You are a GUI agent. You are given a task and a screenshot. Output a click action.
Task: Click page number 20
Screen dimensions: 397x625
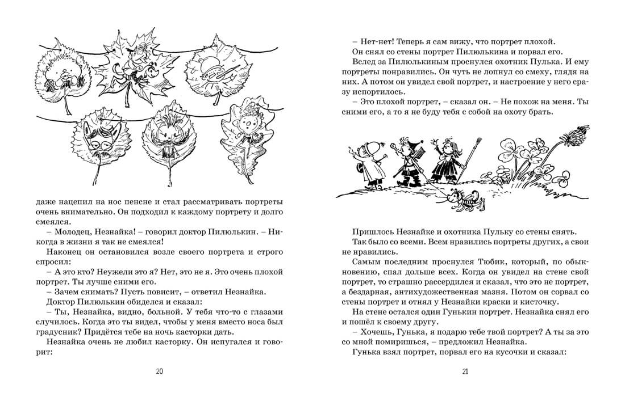[159, 371]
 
